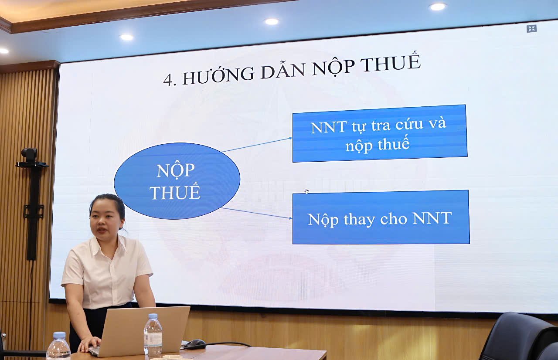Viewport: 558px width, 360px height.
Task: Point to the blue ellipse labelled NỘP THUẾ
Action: click(177, 181)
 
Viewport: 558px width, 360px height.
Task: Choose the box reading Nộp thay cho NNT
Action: click(381, 217)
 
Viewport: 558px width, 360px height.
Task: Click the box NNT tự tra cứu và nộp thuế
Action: click(380, 133)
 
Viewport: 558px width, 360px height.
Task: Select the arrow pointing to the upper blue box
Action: click(257, 145)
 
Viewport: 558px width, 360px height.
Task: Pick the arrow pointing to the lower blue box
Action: click(257, 214)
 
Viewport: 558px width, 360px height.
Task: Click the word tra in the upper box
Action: click(381, 126)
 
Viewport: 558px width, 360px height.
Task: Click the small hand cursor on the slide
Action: click(306, 191)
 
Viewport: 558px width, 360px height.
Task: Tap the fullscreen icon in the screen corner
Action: click(531, 29)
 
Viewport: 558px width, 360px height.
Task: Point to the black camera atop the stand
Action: click(29, 155)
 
